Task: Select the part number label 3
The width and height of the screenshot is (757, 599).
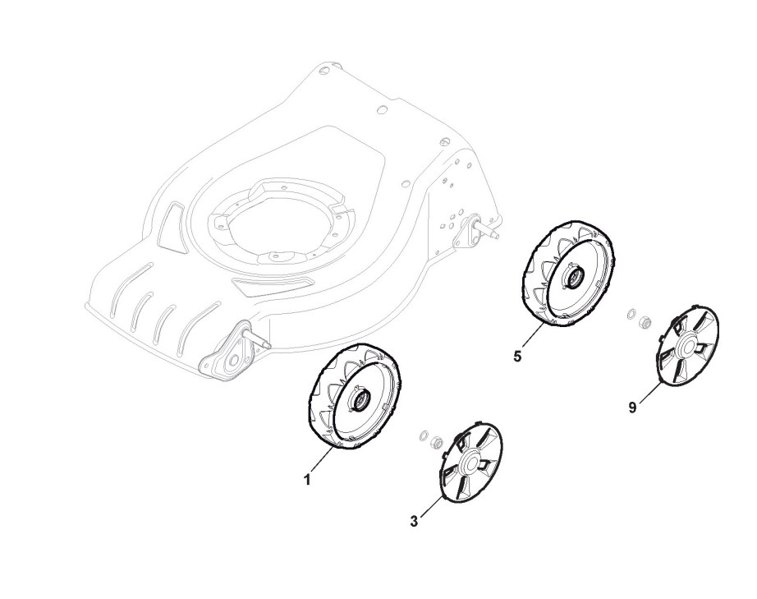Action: pos(414,520)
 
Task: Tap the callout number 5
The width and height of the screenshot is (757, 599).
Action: pos(516,357)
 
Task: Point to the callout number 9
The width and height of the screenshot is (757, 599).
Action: pos(633,406)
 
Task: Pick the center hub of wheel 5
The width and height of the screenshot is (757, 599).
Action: pos(569,279)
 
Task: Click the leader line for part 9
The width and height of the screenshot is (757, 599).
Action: pos(648,393)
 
